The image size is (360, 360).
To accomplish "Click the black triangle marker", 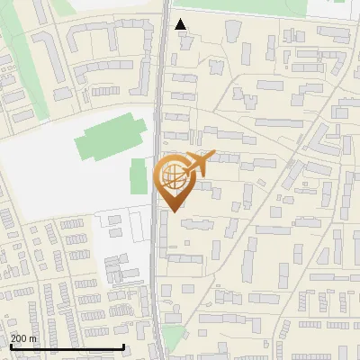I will pyautogui.click(x=181, y=24).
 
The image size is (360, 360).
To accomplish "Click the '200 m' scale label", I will pyautogui.click(x=24, y=338).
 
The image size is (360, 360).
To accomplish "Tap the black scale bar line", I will pyautogui.click(x=67, y=347).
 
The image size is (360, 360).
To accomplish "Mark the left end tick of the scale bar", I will pyautogui.click(x=10, y=346).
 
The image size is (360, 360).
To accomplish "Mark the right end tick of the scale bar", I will pyautogui.click(x=123, y=346).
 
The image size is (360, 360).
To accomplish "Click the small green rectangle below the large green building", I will pyautogui.click(x=139, y=176).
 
